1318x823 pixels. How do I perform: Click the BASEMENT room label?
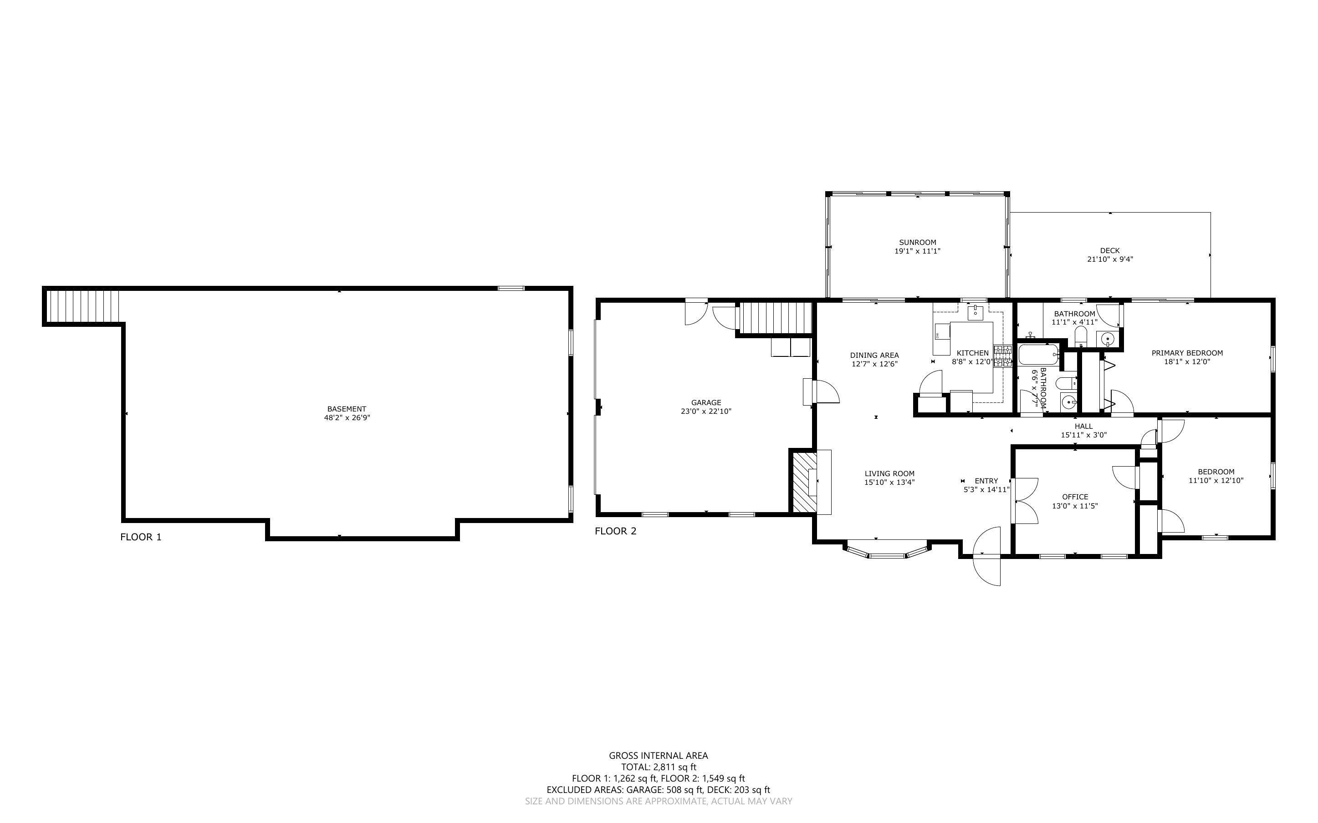[x=346, y=409]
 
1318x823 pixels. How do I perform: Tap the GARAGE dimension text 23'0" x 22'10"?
[x=706, y=411]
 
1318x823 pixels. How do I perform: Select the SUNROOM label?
[x=917, y=242]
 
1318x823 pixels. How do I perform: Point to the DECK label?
[x=1109, y=250]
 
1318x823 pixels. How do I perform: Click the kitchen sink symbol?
[x=975, y=312]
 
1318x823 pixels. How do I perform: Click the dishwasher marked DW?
[x=942, y=331]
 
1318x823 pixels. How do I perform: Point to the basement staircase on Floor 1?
[x=82, y=307]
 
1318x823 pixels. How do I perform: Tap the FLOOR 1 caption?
[x=140, y=537]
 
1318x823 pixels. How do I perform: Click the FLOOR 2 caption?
[x=615, y=531]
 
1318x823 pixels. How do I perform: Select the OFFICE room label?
[x=1075, y=497]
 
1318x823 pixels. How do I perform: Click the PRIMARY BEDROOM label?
[x=1187, y=353]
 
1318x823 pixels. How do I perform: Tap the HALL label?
[x=1083, y=426]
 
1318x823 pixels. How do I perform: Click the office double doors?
[x=1024, y=500]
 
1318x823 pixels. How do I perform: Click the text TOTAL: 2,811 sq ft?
[x=658, y=767]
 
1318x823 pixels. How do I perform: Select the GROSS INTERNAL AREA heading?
[x=658, y=755]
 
